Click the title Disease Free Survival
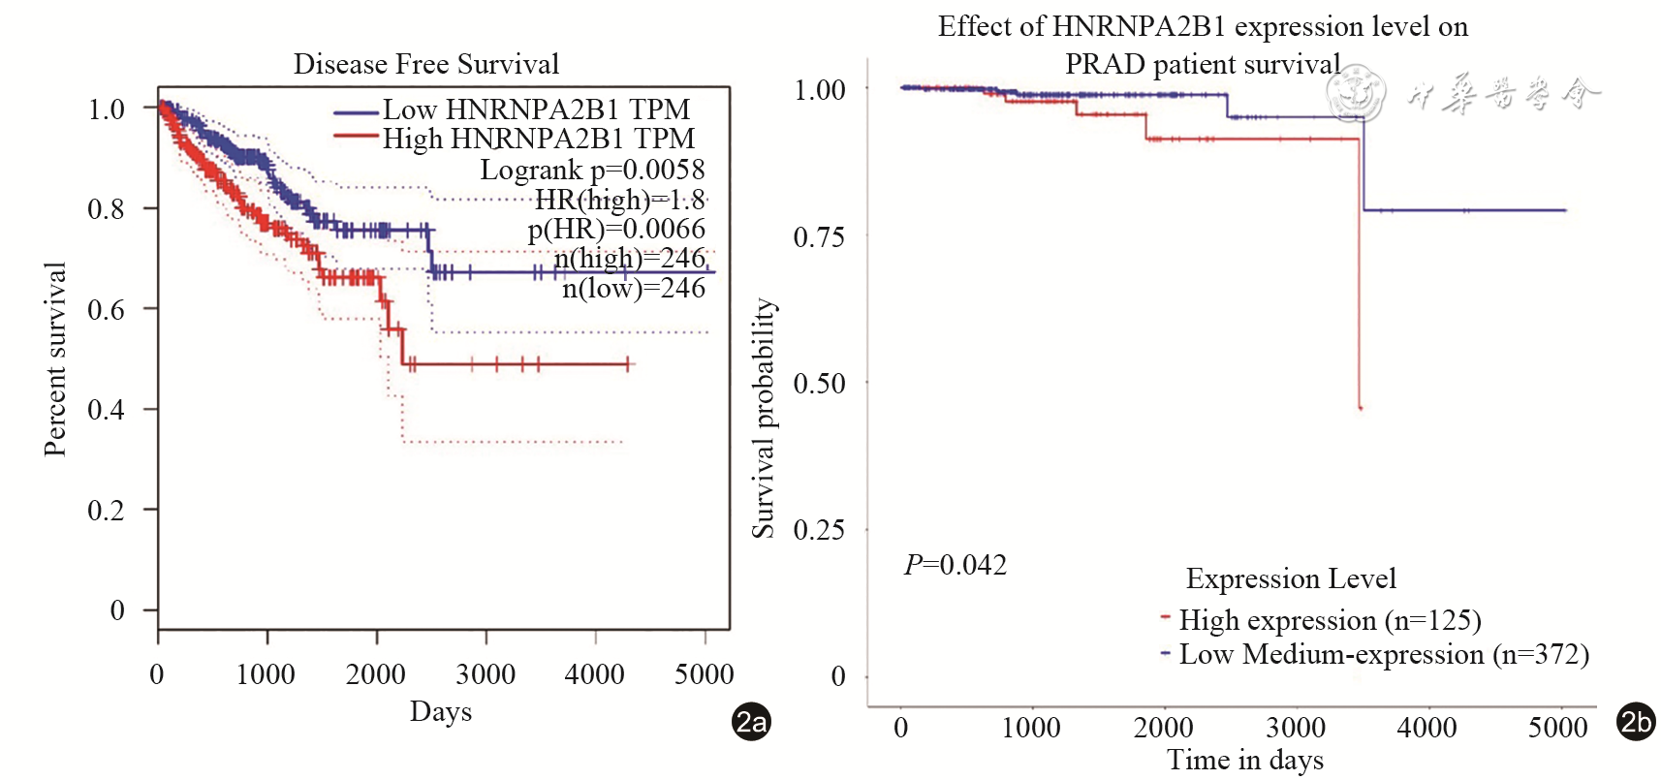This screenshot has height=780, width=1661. (426, 64)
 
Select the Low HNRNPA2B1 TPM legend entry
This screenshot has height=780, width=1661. (536, 109)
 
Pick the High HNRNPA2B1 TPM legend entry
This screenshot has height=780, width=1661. (538, 139)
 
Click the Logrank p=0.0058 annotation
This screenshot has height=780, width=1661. (592, 170)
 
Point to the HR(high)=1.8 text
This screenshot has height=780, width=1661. (619, 200)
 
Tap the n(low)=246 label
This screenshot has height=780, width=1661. (634, 288)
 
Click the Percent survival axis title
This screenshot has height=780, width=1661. (55, 359)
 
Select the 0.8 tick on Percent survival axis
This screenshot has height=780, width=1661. (106, 209)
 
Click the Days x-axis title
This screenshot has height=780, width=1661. (441, 711)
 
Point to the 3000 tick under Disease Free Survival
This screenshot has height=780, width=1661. (486, 674)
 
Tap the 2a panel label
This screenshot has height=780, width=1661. (751, 722)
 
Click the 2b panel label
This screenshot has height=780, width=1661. (1636, 722)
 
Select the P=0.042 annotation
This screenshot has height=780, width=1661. (956, 565)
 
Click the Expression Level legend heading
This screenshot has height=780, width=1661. (1291, 579)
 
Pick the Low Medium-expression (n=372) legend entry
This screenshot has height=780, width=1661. (1384, 655)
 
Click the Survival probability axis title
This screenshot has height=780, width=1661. (764, 418)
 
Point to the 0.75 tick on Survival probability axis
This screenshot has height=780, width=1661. (819, 237)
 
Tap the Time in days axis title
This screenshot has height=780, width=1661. (1245, 761)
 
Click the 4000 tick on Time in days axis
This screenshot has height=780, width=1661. (1426, 728)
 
